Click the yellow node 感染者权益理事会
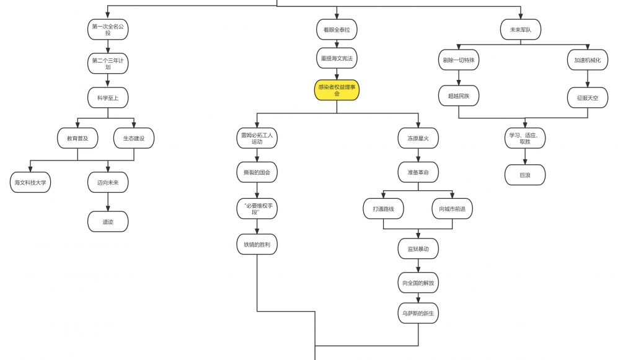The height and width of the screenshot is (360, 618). tap(337, 90)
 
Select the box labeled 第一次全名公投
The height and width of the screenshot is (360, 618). tap(108, 29)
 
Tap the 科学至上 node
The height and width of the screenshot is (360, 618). tap(108, 97)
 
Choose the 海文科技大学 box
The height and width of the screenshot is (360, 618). tap(30, 182)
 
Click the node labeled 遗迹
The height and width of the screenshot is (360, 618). tap(108, 221)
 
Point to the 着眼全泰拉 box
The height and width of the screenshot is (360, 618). tap(337, 29)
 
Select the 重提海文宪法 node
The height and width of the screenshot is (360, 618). tap(337, 58)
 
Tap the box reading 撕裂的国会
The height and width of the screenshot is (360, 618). tap(257, 172)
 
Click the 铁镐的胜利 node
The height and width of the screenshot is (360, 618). tap(257, 244)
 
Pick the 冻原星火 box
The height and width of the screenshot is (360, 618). tap(418, 138)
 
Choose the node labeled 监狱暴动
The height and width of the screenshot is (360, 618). tap(418, 248)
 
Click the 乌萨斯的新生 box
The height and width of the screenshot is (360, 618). tap(418, 314)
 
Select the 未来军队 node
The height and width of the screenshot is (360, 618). tap(521, 29)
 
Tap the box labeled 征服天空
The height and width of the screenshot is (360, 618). tap(588, 97)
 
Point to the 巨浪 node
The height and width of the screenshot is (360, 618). tap(525, 175)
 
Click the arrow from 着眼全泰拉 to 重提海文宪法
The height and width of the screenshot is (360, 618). tap(337, 43)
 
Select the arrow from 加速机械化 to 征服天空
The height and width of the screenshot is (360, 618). tap(588, 79)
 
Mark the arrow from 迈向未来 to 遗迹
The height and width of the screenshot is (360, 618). tap(108, 202)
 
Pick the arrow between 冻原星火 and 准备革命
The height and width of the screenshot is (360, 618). tap(418, 156)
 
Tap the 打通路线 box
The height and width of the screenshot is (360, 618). tap(383, 209)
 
